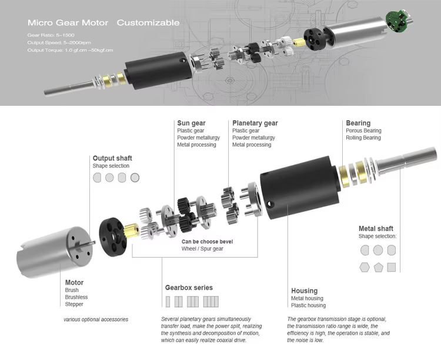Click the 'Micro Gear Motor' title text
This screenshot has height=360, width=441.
(x=68, y=22)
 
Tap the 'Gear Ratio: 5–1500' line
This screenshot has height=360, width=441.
(x=51, y=35)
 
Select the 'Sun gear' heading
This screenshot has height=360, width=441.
(x=191, y=124)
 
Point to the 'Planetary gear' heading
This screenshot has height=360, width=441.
(x=255, y=124)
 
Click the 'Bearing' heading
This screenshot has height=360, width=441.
(x=358, y=124)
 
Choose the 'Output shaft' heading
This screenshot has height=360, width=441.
(x=112, y=158)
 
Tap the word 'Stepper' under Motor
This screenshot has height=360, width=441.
(x=74, y=304)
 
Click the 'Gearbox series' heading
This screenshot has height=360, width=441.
(x=189, y=288)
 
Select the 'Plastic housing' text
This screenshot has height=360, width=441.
(x=308, y=305)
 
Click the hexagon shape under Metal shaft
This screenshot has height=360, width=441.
(x=365, y=267)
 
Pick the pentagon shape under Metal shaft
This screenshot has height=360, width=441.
(x=379, y=267)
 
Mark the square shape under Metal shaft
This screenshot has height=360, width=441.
(x=392, y=267)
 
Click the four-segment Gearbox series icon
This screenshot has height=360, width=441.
(x=211, y=302)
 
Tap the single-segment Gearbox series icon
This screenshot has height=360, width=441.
(x=168, y=302)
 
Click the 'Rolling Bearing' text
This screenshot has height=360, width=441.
(x=363, y=138)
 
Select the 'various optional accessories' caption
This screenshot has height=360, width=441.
(x=96, y=319)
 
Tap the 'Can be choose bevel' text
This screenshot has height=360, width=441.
(x=208, y=242)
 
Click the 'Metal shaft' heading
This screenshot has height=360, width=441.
(x=376, y=229)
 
